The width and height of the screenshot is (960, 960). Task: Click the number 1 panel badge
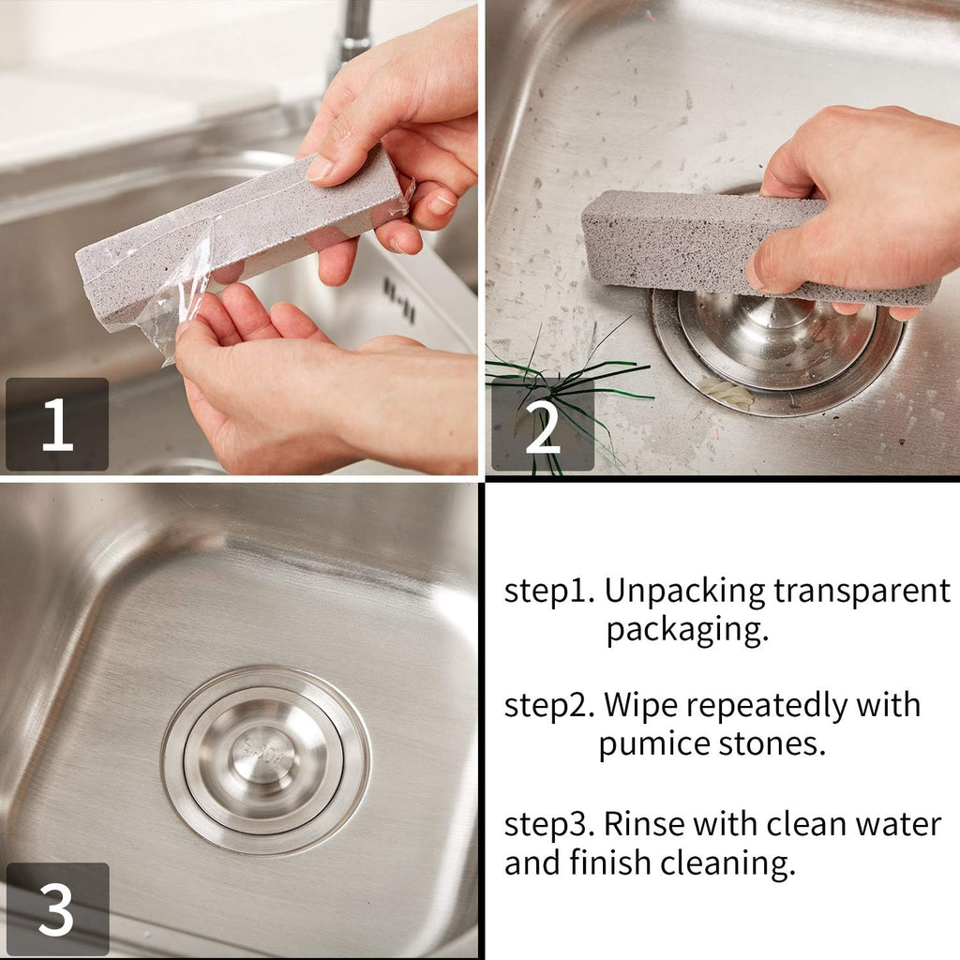[x=56, y=424]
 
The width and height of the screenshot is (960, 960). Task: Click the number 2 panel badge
[x=542, y=424]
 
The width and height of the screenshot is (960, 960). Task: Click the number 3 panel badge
[x=56, y=907]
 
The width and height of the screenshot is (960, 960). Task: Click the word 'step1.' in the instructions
[x=549, y=592]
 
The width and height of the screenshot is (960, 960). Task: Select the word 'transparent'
[x=862, y=592]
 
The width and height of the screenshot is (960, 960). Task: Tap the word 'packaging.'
[x=686, y=629]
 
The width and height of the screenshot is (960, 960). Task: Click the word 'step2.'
[x=549, y=705]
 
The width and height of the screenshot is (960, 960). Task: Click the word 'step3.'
[x=549, y=824]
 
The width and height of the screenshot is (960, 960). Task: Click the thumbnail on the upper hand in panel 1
[x=319, y=169]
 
